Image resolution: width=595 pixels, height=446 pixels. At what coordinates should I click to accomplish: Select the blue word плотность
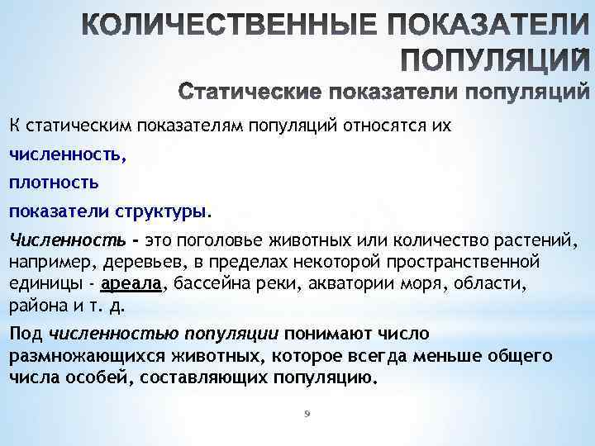click(54, 181)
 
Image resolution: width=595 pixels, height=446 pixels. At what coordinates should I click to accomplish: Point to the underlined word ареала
click(132, 285)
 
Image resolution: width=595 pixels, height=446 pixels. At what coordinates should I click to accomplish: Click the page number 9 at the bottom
click(305, 414)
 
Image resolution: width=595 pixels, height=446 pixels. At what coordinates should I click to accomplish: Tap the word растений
click(542, 240)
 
